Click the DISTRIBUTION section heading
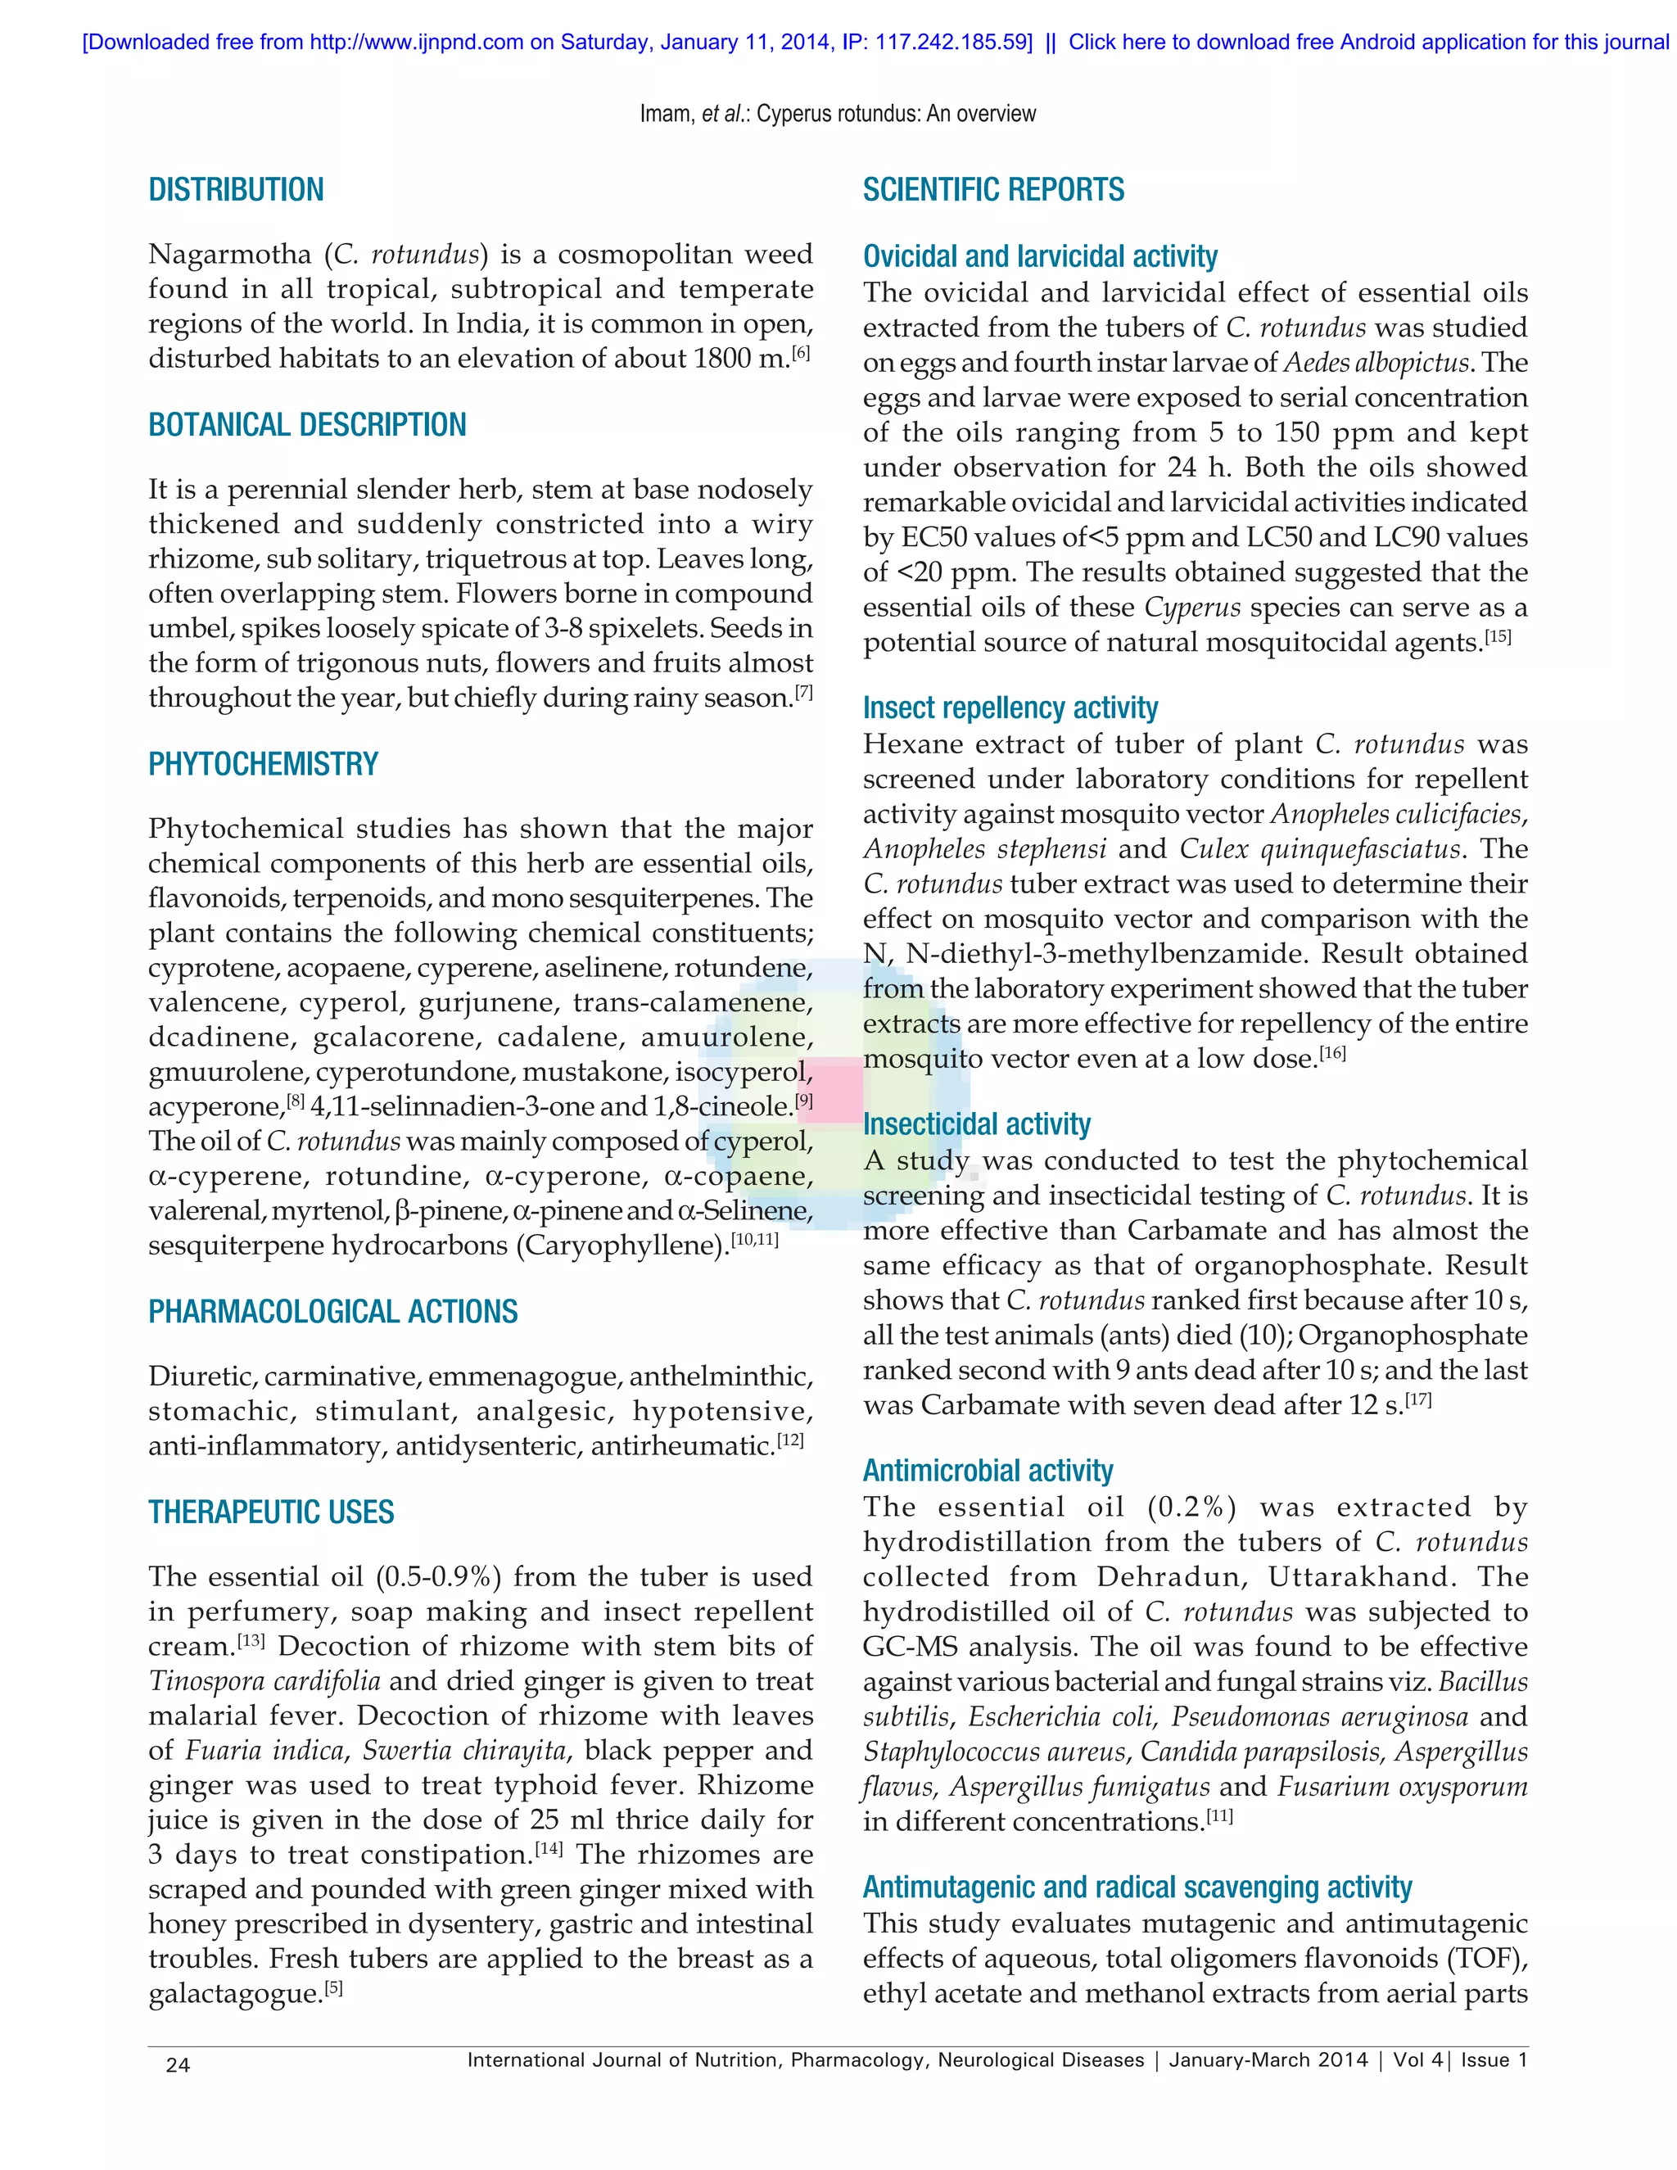click(236, 190)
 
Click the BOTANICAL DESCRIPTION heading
click(307, 425)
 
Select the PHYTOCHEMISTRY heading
click(264, 764)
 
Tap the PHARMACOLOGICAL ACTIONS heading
click(332, 1312)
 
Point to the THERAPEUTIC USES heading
click(271, 1512)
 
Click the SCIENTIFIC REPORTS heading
click(992, 190)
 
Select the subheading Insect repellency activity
click(1010, 708)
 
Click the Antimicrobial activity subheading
click(987, 1471)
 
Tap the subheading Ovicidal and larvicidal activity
click(1039, 256)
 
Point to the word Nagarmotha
click(229, 255)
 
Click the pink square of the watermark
click(830, 1091)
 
